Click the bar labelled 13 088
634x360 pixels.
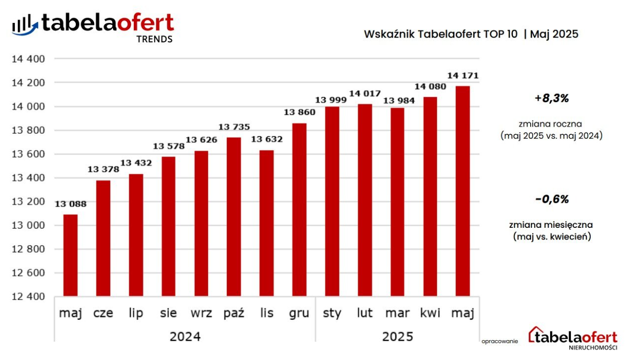[x=70, y=255]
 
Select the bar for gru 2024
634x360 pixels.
[x=299, y=209]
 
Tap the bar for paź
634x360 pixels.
[x=234, y=217]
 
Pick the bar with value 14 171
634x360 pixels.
[x=463, y=191]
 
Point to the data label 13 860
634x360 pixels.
[x=299, y=112]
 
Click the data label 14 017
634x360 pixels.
[x=364, y=93]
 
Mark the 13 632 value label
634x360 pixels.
[x=266, y=139]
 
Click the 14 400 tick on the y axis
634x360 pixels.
[x=28, y=59]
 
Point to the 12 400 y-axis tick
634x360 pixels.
[x=28, y=296]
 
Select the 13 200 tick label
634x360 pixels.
[x=28, y=201]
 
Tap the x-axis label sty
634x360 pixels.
[x=332, y=313]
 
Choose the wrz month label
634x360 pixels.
[x=201, y=313]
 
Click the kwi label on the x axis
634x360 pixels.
[x=430, y=313]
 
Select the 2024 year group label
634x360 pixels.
[x=185, y=337]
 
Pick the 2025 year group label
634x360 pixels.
[x=397, y=337]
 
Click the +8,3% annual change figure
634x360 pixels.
[x=552, y=99]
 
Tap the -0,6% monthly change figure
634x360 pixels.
[x=552, y=199]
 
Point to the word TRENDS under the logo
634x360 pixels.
[x=155, y=39]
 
